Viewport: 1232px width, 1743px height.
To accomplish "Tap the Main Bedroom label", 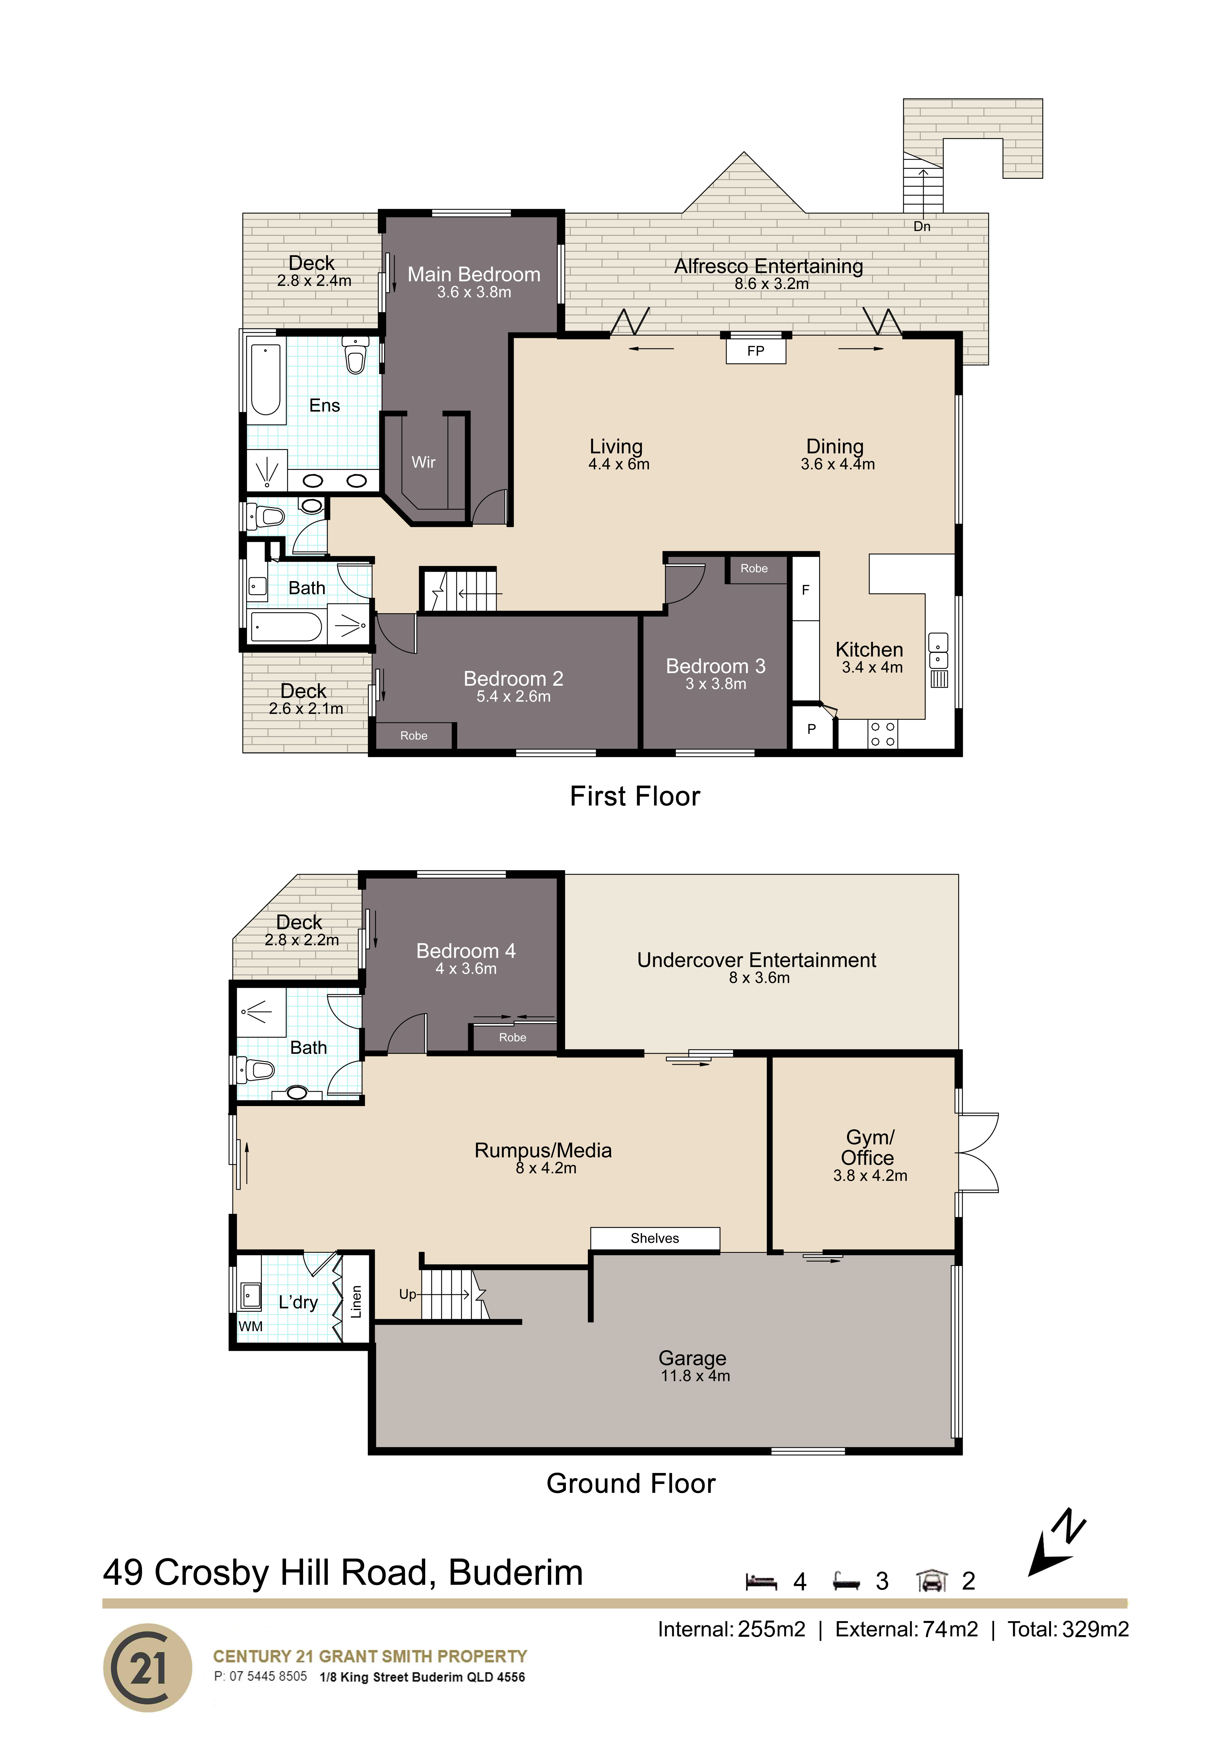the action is pyautogui.click(x=474, y=274).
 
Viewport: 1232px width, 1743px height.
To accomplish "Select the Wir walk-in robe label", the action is pyautogui.click(x=424, y=462).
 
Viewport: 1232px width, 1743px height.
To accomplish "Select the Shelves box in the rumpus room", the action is pyautogui.click(x=655, y=1238).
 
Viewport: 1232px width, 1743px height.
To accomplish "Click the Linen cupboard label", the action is pyautogui.click(x=356, y=1302).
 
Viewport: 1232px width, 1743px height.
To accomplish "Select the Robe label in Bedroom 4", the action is pyautogui.click(x=513, y=1037).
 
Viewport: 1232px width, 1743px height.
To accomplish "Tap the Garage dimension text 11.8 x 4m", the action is pyautogui.click(x=695, y=1376).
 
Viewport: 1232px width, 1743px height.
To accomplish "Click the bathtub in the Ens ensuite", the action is pyautogui.click(x=266, y=380).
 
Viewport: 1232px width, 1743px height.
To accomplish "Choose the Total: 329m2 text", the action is pyautogui.click(x=1068, y=1629).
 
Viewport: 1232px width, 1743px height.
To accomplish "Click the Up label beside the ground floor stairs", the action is pyautogui.click(x=408, y=1294).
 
